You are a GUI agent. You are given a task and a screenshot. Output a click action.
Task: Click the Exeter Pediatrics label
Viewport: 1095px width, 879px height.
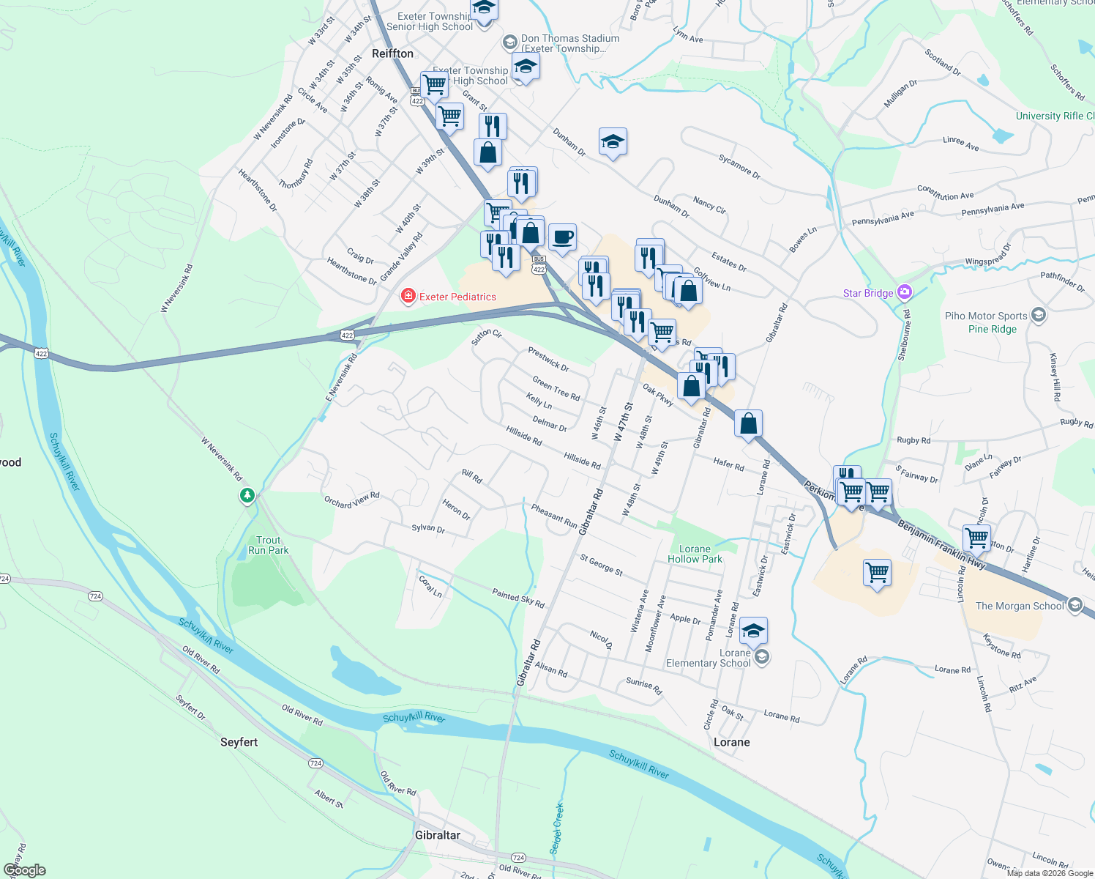click(457, 297)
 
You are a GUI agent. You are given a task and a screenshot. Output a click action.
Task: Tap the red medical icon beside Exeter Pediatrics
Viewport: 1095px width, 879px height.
click(408, 296)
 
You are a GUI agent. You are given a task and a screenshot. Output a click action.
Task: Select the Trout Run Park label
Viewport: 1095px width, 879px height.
click(268, 545)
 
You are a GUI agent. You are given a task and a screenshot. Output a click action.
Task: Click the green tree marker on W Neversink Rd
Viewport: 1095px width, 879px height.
click(247, 496)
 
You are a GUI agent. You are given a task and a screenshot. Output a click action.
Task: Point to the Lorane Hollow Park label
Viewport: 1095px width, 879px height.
click(695, 554)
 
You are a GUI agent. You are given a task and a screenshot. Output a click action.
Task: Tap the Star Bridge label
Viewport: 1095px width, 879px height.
click(868, 293)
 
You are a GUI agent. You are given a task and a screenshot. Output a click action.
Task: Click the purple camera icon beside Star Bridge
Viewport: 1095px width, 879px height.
click(905, 292)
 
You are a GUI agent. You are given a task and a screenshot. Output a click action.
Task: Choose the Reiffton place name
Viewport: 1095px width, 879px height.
click(392, 53)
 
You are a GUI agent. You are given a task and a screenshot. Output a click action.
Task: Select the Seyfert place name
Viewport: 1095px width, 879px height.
click(239, 742)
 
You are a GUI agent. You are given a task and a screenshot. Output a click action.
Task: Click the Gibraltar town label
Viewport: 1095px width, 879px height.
click(438, 835)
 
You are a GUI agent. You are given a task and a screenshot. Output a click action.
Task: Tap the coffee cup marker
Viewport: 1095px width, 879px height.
click(562, 238)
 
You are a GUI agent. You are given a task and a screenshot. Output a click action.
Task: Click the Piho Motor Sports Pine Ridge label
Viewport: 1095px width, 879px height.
click(986, 322)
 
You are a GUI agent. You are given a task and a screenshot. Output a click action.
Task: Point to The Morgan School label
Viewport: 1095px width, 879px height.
click(1020, 606)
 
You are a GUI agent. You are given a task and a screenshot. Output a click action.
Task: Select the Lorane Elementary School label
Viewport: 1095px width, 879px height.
click(709, 658)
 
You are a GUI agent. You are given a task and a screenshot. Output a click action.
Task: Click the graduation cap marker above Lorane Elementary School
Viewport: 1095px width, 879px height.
click(753, 631)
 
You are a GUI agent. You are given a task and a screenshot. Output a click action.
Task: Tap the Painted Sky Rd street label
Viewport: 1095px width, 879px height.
click(518, 598)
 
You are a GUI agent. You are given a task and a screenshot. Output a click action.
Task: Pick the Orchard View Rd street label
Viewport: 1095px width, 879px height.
click(352, 500)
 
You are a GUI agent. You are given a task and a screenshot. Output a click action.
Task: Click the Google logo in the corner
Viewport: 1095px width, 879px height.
click(25, 870)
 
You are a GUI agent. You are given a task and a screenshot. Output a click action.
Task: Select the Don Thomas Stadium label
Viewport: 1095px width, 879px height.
click(569, 43)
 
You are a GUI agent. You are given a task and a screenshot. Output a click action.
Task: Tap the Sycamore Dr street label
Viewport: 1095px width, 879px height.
click(739, 167)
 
